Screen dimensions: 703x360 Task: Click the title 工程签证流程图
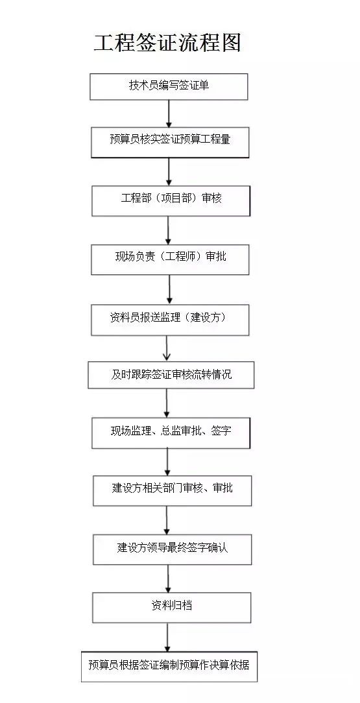click(167, 43)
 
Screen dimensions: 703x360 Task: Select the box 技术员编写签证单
click(169, 86)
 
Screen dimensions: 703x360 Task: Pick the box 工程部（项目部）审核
click(171, 200)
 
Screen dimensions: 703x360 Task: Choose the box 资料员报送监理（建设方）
click(170, 319)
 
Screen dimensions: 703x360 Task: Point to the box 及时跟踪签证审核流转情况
click(171, 374)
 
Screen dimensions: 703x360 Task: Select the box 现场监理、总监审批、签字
click(171, 433)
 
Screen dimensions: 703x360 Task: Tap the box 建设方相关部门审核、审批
click(172, 490)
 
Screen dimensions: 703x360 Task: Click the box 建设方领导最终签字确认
click(172, 549)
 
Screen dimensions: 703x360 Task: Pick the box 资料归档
click(171, 607)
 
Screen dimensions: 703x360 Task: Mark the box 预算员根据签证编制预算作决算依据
click(169, 666)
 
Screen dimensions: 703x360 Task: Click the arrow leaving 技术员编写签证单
click(169, 113)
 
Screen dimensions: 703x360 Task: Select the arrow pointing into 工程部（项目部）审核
click(169, 172)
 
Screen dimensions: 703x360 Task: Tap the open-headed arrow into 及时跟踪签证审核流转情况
click(167, 348)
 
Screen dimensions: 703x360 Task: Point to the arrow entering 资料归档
click(168, 578)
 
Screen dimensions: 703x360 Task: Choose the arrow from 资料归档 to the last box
click(167, 637)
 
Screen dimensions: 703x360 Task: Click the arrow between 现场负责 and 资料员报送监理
click(169, 289)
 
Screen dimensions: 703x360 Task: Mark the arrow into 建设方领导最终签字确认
click(167, 520)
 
